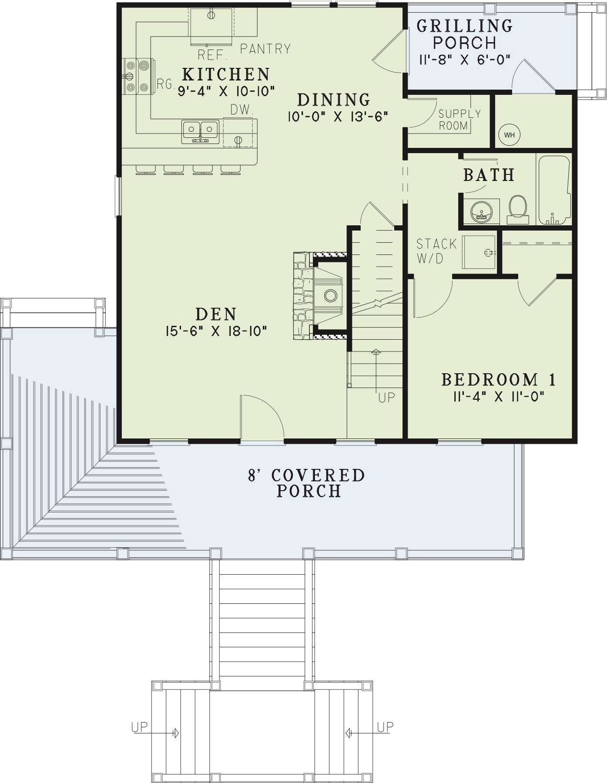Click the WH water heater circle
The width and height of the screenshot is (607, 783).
[509, 134]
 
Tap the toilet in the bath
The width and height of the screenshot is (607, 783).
[518, 209]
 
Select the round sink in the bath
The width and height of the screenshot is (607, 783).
[481, 211]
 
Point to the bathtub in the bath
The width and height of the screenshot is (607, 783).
[554, 190]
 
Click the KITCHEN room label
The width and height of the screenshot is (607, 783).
[226, 74]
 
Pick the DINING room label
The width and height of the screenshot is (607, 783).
[334, 100]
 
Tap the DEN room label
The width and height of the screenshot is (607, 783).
[216, 314]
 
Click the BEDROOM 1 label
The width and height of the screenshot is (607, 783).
[499, 379]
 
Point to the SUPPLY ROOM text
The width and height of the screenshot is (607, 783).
[459, 120]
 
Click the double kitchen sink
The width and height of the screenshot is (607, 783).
[200, 131]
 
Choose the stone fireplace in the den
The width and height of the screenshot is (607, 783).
[320, 295]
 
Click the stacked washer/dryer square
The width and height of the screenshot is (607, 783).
[479, 252]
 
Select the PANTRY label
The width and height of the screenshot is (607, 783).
[265, 49]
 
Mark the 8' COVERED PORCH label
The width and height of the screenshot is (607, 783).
[306, 482]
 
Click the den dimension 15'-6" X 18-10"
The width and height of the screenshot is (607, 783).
[216, 331]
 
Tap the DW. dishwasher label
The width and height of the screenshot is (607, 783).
[242, 110]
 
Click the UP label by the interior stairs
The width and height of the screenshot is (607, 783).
[387, 398]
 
